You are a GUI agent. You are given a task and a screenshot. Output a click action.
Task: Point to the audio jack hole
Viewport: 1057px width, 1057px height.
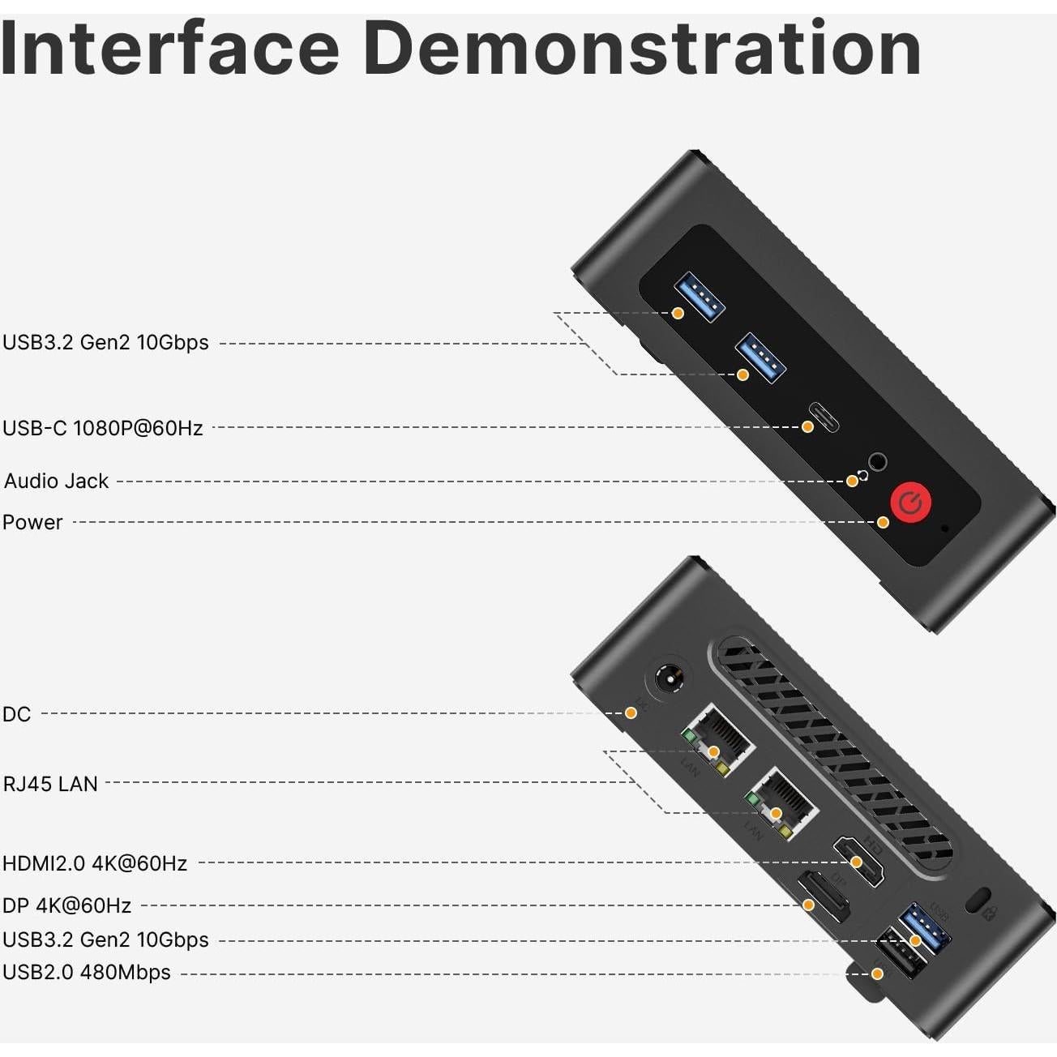(x=877, y=463)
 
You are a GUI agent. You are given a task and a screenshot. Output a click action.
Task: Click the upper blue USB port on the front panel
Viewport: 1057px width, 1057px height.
(x=700, y=297)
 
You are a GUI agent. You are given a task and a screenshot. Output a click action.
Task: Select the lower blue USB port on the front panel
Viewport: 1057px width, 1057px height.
(x=760, y=358)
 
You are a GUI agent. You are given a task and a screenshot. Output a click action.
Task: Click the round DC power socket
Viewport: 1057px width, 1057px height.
(x=670, y=678)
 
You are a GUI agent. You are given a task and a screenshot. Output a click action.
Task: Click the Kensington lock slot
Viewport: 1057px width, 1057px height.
(x=977, y=900)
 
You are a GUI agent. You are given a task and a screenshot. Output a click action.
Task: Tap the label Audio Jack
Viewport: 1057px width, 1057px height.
(x=56, y=481)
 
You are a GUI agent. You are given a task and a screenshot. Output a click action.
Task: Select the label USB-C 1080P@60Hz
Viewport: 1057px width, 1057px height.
(x=103, y=428)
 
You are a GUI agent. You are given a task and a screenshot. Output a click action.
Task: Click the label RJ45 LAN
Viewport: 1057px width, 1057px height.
(x=50, y=784)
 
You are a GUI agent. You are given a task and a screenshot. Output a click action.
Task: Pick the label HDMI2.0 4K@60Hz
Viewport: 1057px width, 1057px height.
(x=95, y=863)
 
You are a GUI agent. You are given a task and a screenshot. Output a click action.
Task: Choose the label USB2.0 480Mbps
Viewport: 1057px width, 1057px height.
(x=87, y=972)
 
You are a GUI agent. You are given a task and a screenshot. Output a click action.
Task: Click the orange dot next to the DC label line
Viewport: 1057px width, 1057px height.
(x=631, y=713)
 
